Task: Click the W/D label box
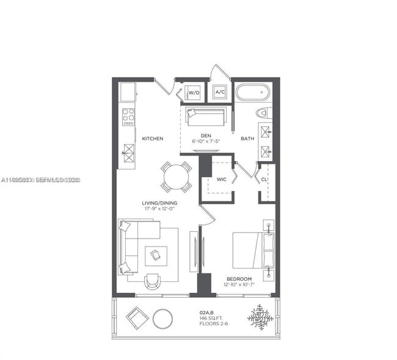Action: (194, 93)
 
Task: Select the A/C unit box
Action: (220, 93)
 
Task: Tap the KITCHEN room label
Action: (153, 139)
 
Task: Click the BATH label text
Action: (247, 139)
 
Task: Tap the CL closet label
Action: (264, 179)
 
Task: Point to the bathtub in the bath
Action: (253, 93)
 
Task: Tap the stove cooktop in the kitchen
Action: (128, 116)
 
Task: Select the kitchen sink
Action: (128, 149)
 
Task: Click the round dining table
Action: (176, 177)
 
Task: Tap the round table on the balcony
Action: (163, 318)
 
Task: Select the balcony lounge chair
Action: (136, 317)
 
